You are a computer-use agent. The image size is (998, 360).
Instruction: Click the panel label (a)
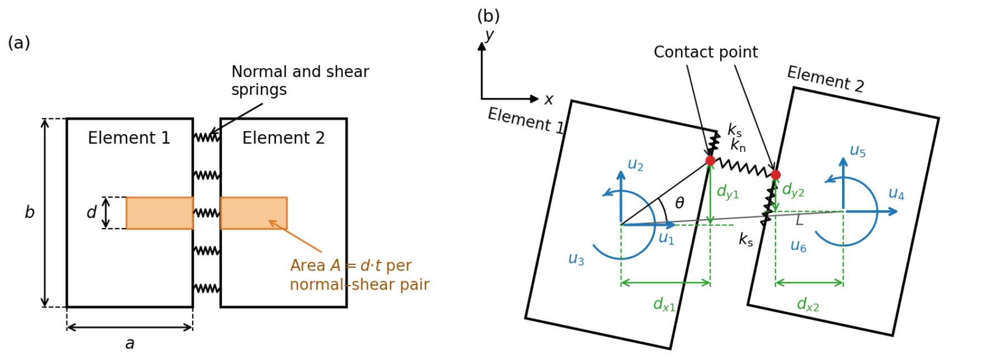pyautogui.click(x=19, y=43)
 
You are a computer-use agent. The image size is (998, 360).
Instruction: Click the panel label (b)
pyautogui.click(x=488, y=16)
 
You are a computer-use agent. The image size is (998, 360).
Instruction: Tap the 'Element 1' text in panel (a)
pyautogui.click(x=129, y=138)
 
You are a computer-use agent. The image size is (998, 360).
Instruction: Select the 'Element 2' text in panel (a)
pyautogui.click(x=283, y=138)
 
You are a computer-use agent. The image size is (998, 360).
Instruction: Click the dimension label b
pyautogui.click(x=29, y=212)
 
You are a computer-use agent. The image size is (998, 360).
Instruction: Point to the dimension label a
pyautogui.click(x=130, y=343)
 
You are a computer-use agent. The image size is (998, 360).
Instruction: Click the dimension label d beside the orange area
pyautogui.click(x=92, y=212)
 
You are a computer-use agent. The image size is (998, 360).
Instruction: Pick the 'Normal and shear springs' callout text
pyautogui.click(x=300, y=80)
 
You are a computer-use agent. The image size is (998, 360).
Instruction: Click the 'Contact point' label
pyautogui.click(x=706, y=53)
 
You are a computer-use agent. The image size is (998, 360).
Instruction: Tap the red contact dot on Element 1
pyautogui.click(x=710, y=161)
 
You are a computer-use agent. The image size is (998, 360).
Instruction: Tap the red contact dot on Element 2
pyautogui.click(x=776, y=175)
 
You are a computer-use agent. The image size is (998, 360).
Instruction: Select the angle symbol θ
pyautogui.click(x=679, y=203)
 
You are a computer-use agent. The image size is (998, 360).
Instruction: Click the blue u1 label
pyautogui.click(x=666, y=238)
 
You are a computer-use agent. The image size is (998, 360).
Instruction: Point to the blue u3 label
pyautogui.click(x=576, y=259)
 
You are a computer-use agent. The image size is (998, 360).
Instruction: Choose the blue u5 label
pyautogui.click(x=858, y=151)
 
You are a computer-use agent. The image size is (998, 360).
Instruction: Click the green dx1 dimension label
pyautogui.click(x=664, y=304)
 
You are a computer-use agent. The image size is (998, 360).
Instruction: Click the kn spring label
pyautogui.click(x=738, y=145)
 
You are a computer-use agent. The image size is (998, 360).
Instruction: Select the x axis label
pyautogui.click(x=549, y=100)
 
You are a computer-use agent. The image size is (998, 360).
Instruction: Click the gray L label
pyautogui.click(x=800, y=220)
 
